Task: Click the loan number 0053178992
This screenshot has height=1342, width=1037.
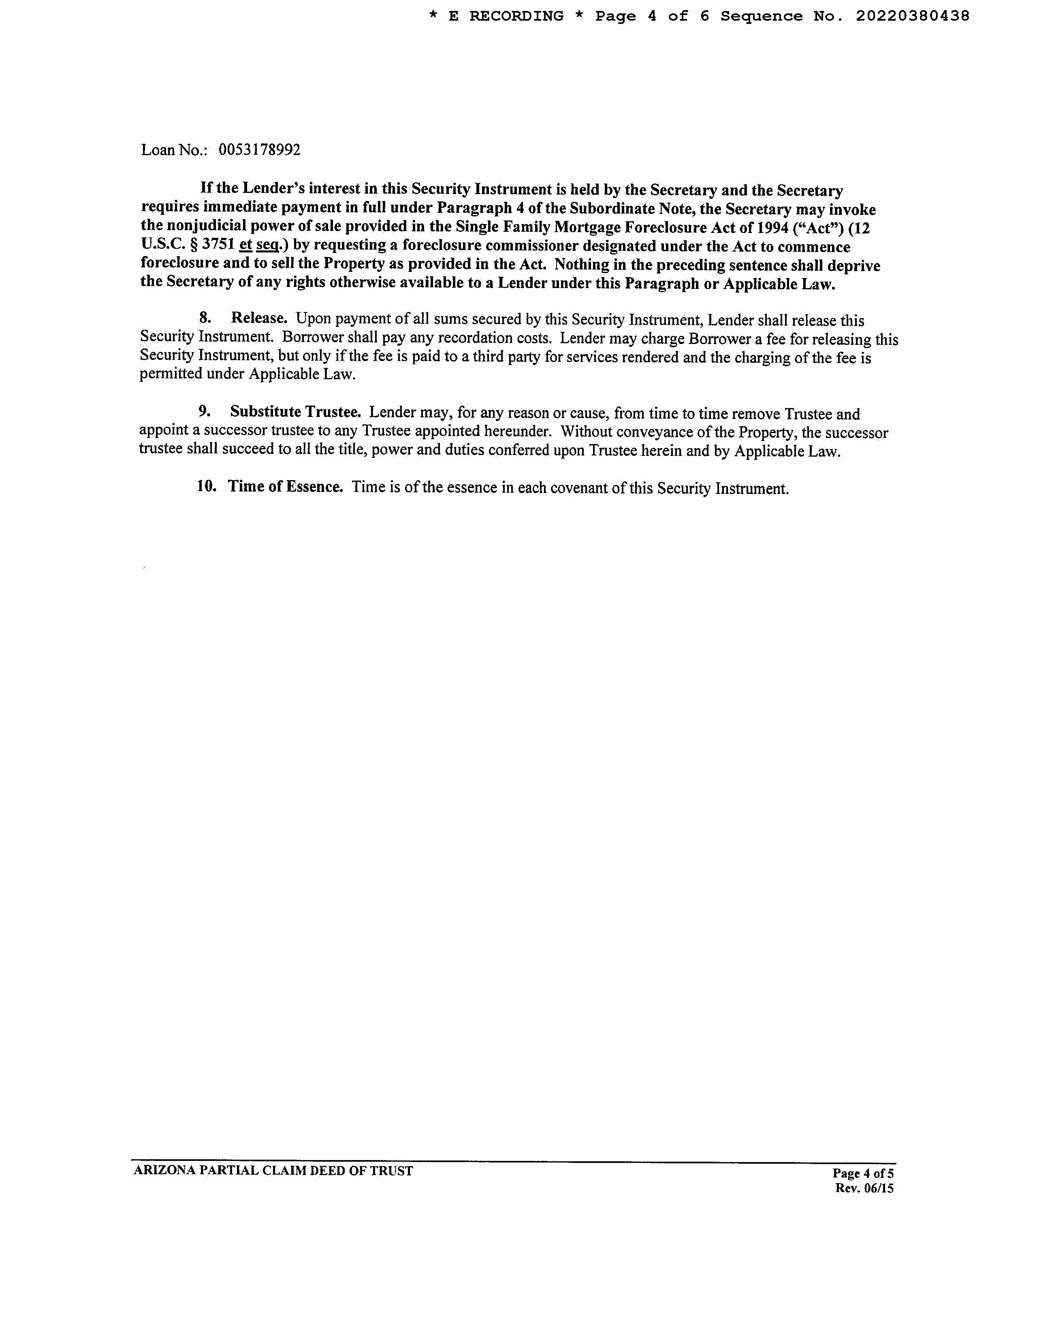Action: (259, 150)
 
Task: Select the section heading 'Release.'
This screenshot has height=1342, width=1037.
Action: (259, 318)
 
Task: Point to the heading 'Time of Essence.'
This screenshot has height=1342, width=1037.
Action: (285, 487)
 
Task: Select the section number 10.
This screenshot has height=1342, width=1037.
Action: (207, 487)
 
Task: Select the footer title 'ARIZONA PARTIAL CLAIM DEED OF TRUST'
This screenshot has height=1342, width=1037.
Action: (273, 1171)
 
